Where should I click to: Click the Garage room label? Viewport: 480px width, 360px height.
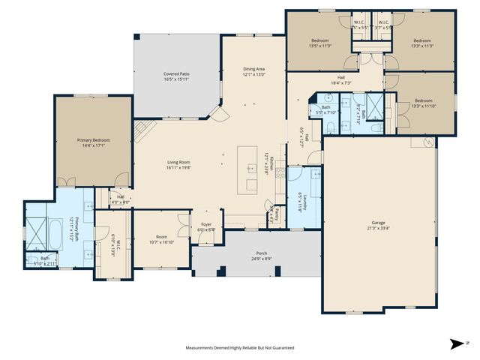click(x=379, y=223)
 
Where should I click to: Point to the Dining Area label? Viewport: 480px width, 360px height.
click(x=253, y=69)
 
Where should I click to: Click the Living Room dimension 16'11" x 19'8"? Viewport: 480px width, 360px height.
click(x=178, y=168)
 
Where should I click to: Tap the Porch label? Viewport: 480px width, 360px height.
click(x=261, y=253)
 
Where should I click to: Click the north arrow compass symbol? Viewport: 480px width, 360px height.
click(x=456, y=344)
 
